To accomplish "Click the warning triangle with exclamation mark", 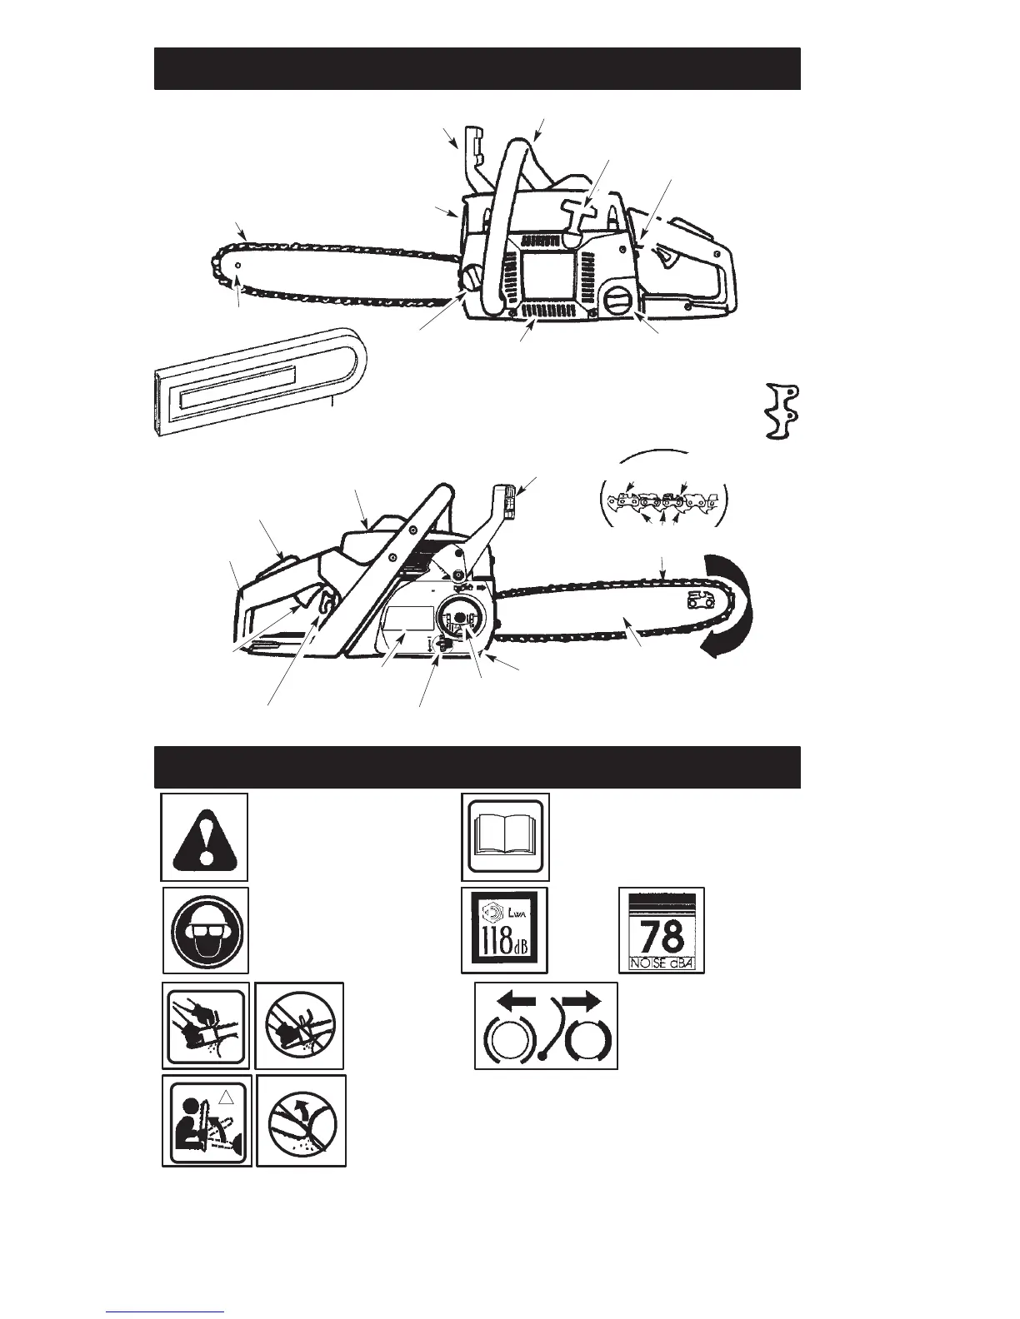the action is coord(204,837).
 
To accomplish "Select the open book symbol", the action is coord(505,837).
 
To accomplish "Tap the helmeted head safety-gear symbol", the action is coord(205,930).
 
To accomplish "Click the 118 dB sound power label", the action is coord(504,930).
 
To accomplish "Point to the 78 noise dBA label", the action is coord(662,929).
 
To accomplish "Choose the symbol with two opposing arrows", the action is coord(546,1025).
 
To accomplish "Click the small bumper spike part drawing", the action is coord(782,411).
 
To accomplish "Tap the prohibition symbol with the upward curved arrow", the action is coord(301,1120).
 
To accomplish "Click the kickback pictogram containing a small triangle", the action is coord(207,1120).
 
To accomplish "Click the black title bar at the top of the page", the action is coord(477,68).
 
